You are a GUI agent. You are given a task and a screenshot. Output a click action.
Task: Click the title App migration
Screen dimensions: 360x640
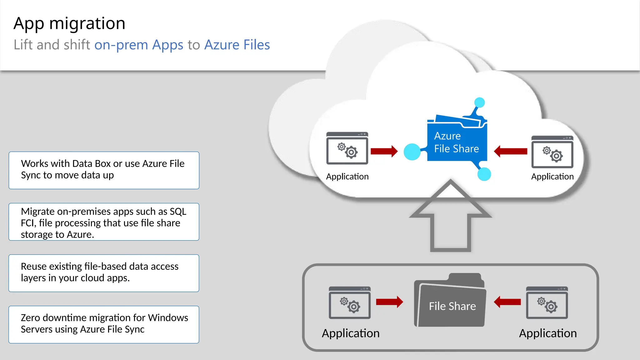pyautogui.click(x=69, y=23)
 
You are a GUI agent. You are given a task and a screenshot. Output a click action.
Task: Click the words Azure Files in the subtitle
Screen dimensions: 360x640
pyautogui.click(x=237, y=45)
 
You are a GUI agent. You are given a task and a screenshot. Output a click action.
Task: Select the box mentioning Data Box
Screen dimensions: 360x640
pyautogui.click(x=104, y=170)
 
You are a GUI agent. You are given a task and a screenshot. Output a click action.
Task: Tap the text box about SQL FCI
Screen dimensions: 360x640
pyautogui.click(x=104, y=222)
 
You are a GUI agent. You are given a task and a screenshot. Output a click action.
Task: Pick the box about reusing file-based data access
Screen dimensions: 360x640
pyautogui.click(x=104, y=273)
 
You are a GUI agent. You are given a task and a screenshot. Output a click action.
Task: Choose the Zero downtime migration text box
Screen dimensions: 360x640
pyautogui.click(x=104, y=324)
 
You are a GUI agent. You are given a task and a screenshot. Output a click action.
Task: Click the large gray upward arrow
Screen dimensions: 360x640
pyautogui.click(x=450, y=219)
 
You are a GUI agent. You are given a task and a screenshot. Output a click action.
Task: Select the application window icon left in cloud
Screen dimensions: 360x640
pyautogui.click(x=347, y=148)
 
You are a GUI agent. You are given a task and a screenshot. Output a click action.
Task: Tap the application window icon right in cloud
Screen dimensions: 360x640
pyautogui.click(x=552, y=152)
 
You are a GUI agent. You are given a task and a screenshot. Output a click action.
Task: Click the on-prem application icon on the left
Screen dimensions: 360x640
pyautogui.click(x=349, y=302)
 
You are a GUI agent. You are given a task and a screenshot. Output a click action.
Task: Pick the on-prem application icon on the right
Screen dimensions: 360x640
pyautogui.click(x=547, y=302)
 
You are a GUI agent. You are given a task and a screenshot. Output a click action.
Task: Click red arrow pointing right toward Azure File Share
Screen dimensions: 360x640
pyautogui.click(x=384, y=151)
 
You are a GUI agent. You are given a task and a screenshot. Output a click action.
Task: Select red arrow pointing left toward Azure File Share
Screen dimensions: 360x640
pyautogui.click(x=510, y=152)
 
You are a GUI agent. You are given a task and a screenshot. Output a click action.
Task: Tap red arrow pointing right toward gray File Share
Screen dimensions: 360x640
pyautogui.click(x=389, y=302)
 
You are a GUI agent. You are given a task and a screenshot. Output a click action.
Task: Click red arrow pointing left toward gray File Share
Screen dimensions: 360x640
pyautogui.click(x=507, y=302)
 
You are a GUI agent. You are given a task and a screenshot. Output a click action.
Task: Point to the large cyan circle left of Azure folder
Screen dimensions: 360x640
pyautogui.click(x=412, y=152)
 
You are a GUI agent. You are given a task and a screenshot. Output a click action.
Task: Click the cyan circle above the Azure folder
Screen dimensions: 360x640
pyautogui.click(x=479, y=102)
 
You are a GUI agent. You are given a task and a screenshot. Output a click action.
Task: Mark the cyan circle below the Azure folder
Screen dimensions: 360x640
pyautogui.click(x=484, y=174)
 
